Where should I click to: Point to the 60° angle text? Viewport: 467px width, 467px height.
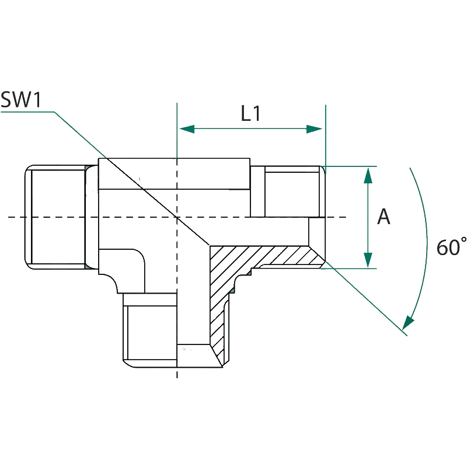449,246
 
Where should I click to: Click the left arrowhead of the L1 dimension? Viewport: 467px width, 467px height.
183,129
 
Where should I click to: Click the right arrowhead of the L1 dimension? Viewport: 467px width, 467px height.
316,129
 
